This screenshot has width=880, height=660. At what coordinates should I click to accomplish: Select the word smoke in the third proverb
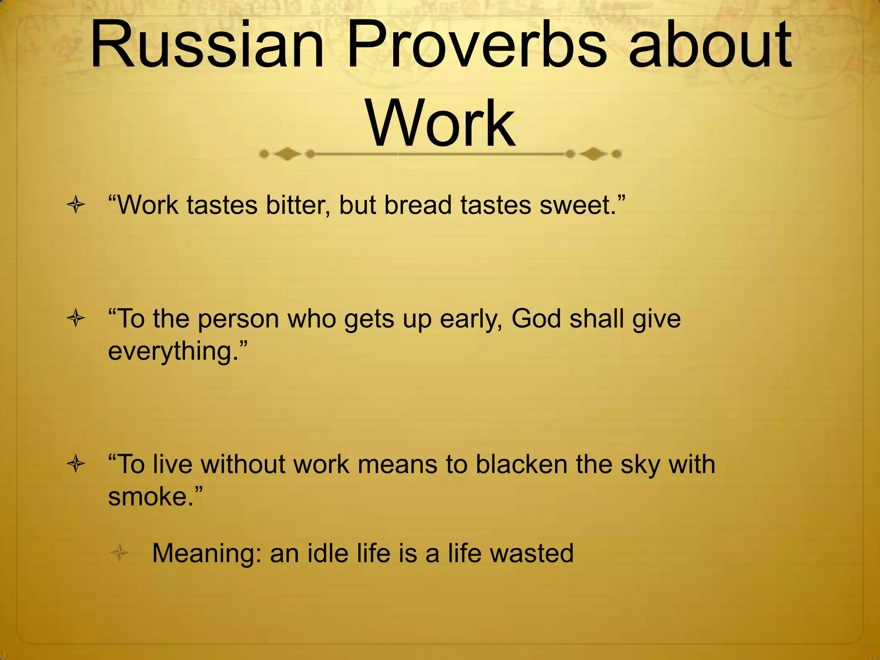tap(150, 497)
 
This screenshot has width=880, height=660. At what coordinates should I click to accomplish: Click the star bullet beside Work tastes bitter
tap(76, 205)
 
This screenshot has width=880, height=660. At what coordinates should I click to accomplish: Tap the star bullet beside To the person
tap(76, 319)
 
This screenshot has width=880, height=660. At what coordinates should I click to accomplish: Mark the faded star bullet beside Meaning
tap(120, 553)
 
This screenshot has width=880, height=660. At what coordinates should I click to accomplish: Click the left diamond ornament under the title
tap(287, 154)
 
